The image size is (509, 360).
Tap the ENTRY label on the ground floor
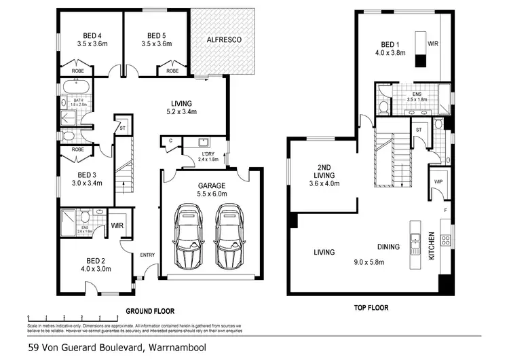pyautogui.click(x=147, y=255)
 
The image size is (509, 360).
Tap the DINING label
pyautogui.click(x=388, y=247)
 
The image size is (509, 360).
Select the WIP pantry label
pyautogui.click(x=437, y=182)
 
